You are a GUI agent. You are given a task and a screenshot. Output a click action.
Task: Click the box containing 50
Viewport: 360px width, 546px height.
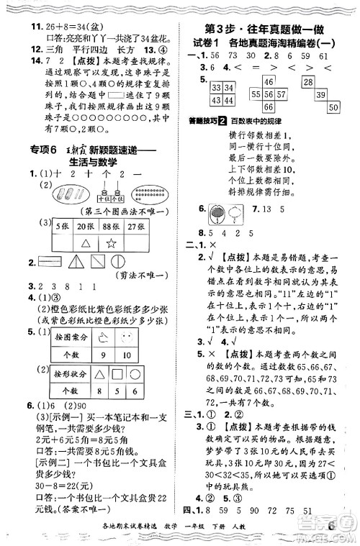pos(333,106)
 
